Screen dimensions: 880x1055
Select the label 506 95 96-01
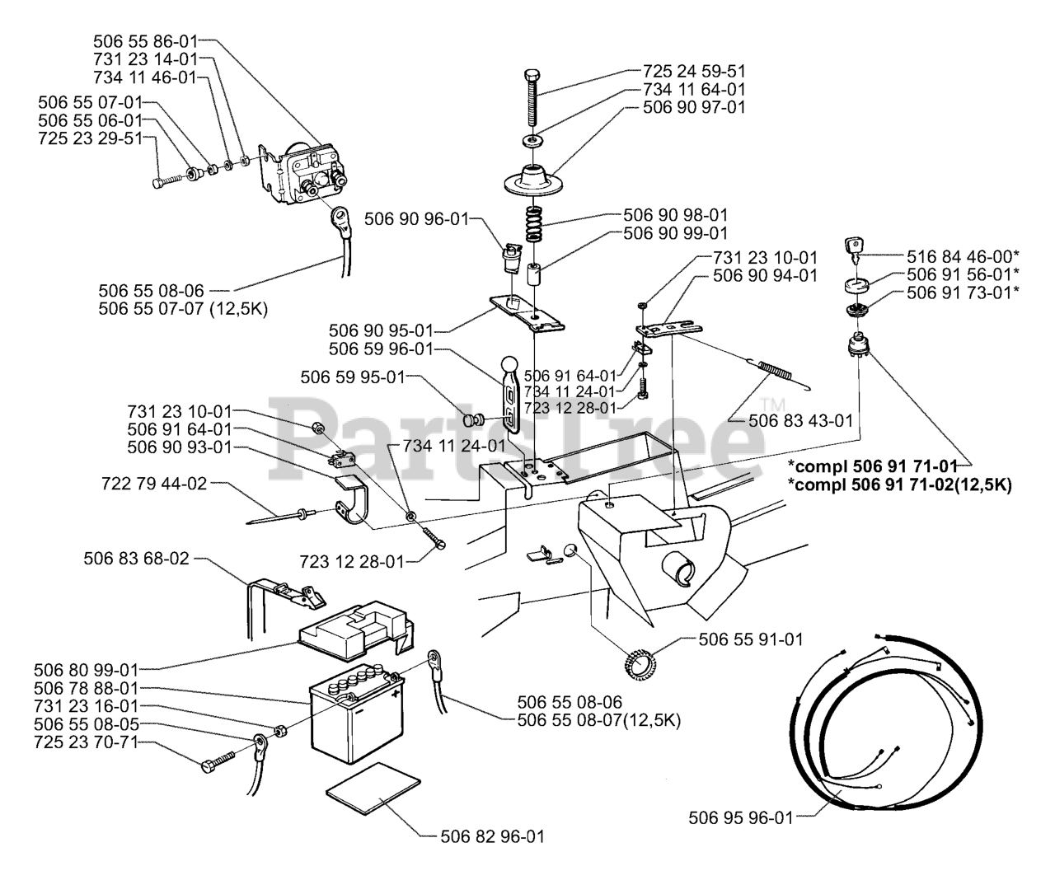739,818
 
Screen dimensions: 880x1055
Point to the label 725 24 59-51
694,72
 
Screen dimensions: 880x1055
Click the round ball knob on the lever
511,363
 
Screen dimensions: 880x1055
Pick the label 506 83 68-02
136,558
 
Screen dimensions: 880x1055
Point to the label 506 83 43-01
800,420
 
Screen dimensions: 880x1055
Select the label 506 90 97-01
694,107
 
